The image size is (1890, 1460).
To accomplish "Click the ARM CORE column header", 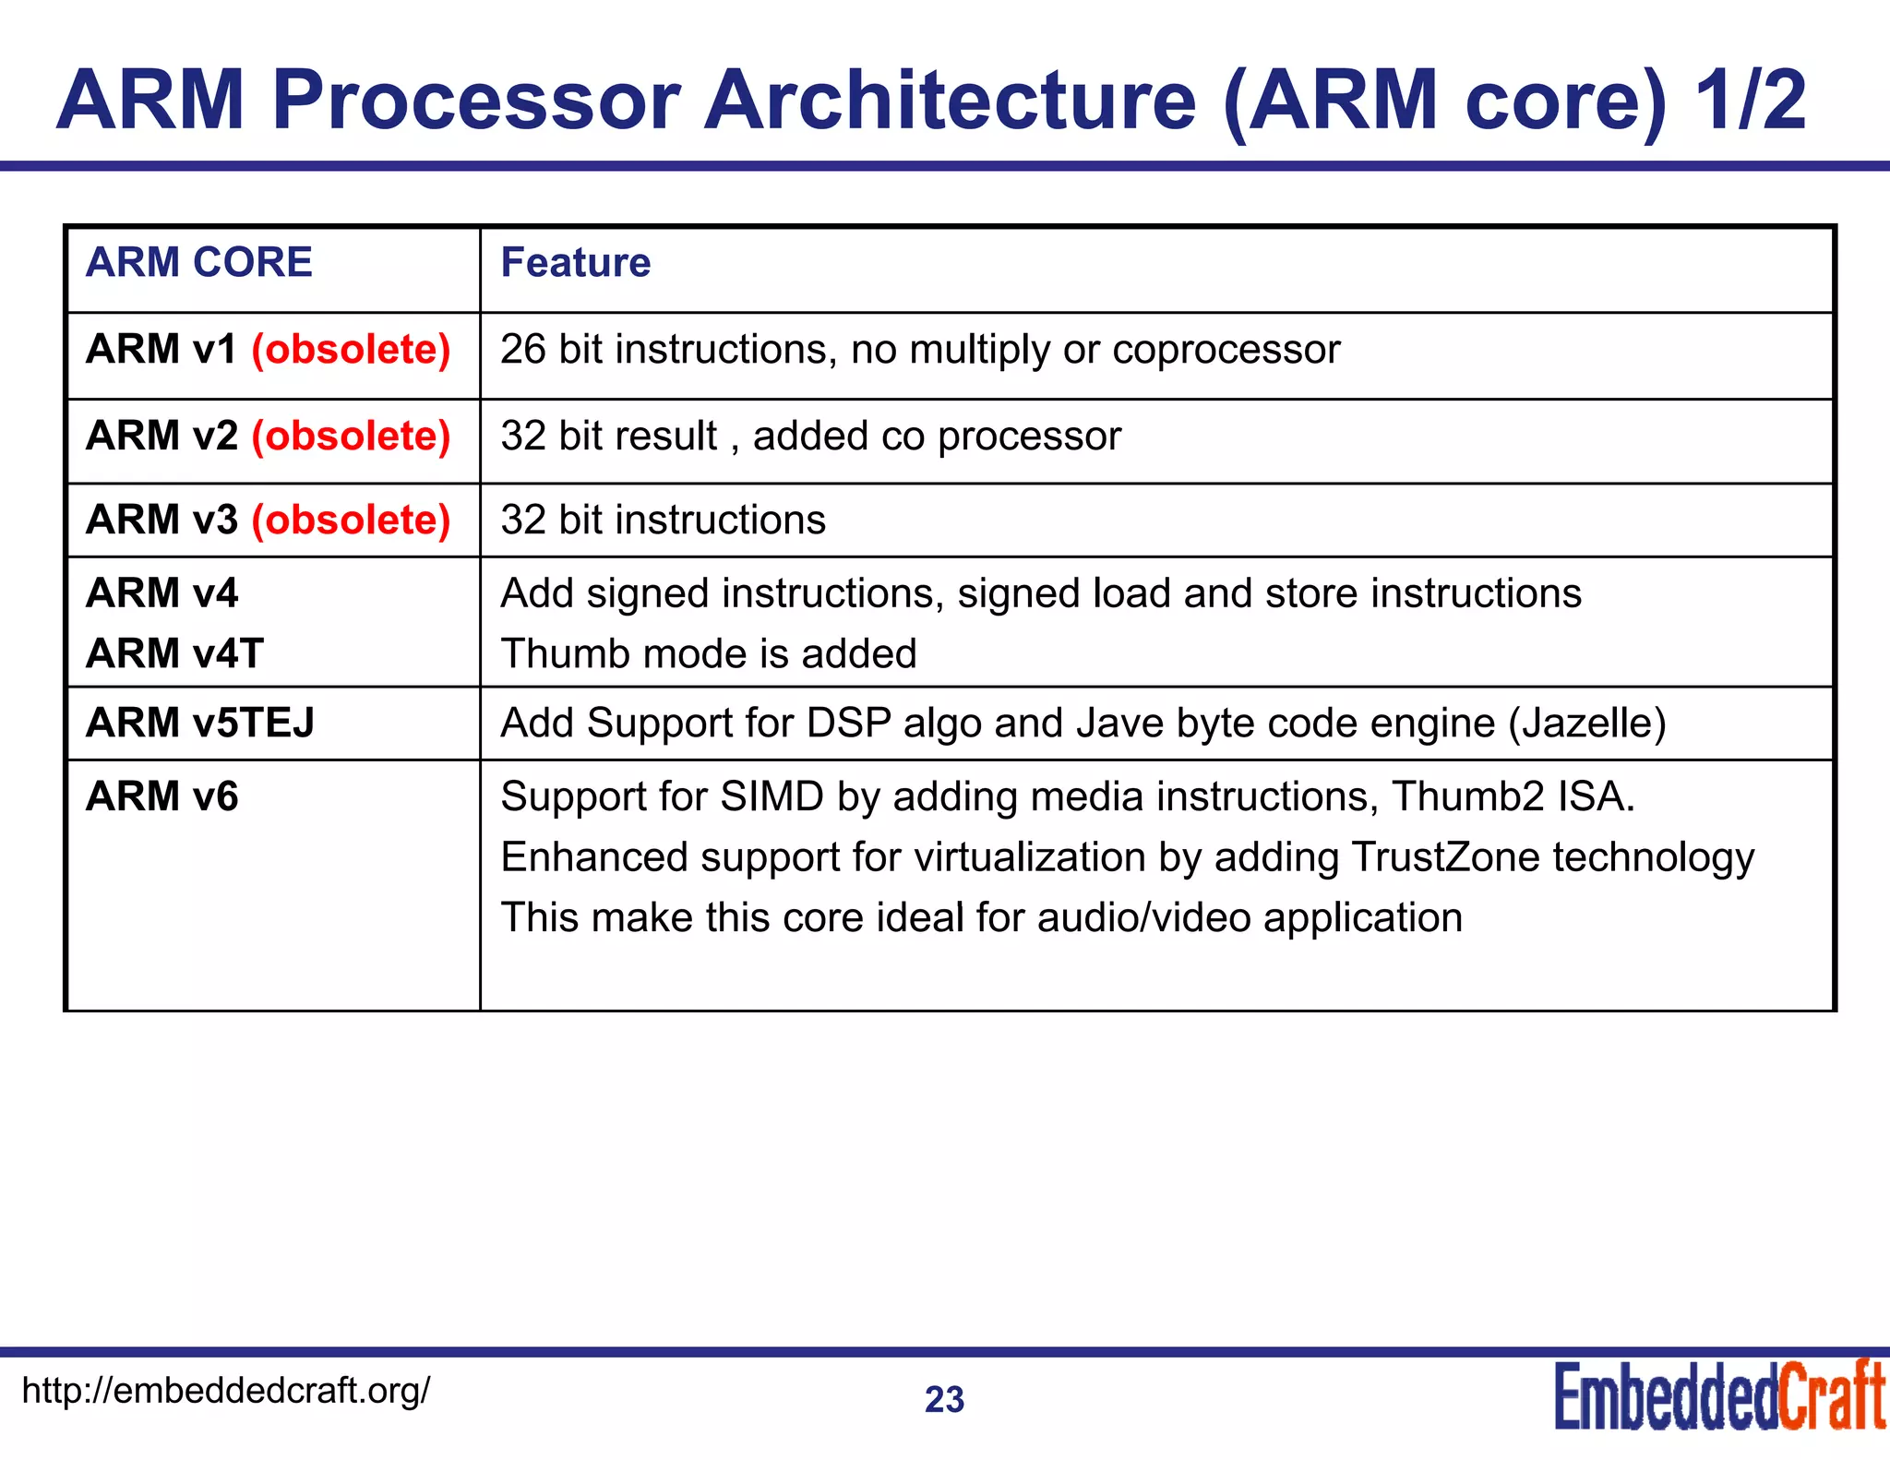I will (x=198, y=263).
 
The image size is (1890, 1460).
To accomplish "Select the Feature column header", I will (x=575, y=263).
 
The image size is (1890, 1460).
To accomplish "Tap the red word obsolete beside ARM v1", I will (x=351, y=350).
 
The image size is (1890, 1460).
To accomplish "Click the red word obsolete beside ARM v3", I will (x=351, y=521).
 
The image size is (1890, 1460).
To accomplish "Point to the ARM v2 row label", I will (x=161, y=436).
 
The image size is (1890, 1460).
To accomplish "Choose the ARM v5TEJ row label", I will (x=199, y=723).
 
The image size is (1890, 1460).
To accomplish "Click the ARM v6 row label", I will (x=161, y=796).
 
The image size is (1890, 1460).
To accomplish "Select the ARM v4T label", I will (x=174, y=653).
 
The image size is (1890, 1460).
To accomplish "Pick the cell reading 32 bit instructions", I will (x=663, y=521).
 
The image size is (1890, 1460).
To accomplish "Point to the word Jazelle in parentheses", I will (x=1587, y=724).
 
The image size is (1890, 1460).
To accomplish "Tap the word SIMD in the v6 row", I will (x=772, y=797).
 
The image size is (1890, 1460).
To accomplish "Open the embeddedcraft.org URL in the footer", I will (x=225, y=1390).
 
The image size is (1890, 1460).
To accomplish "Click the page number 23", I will (x=944, y=1400).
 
